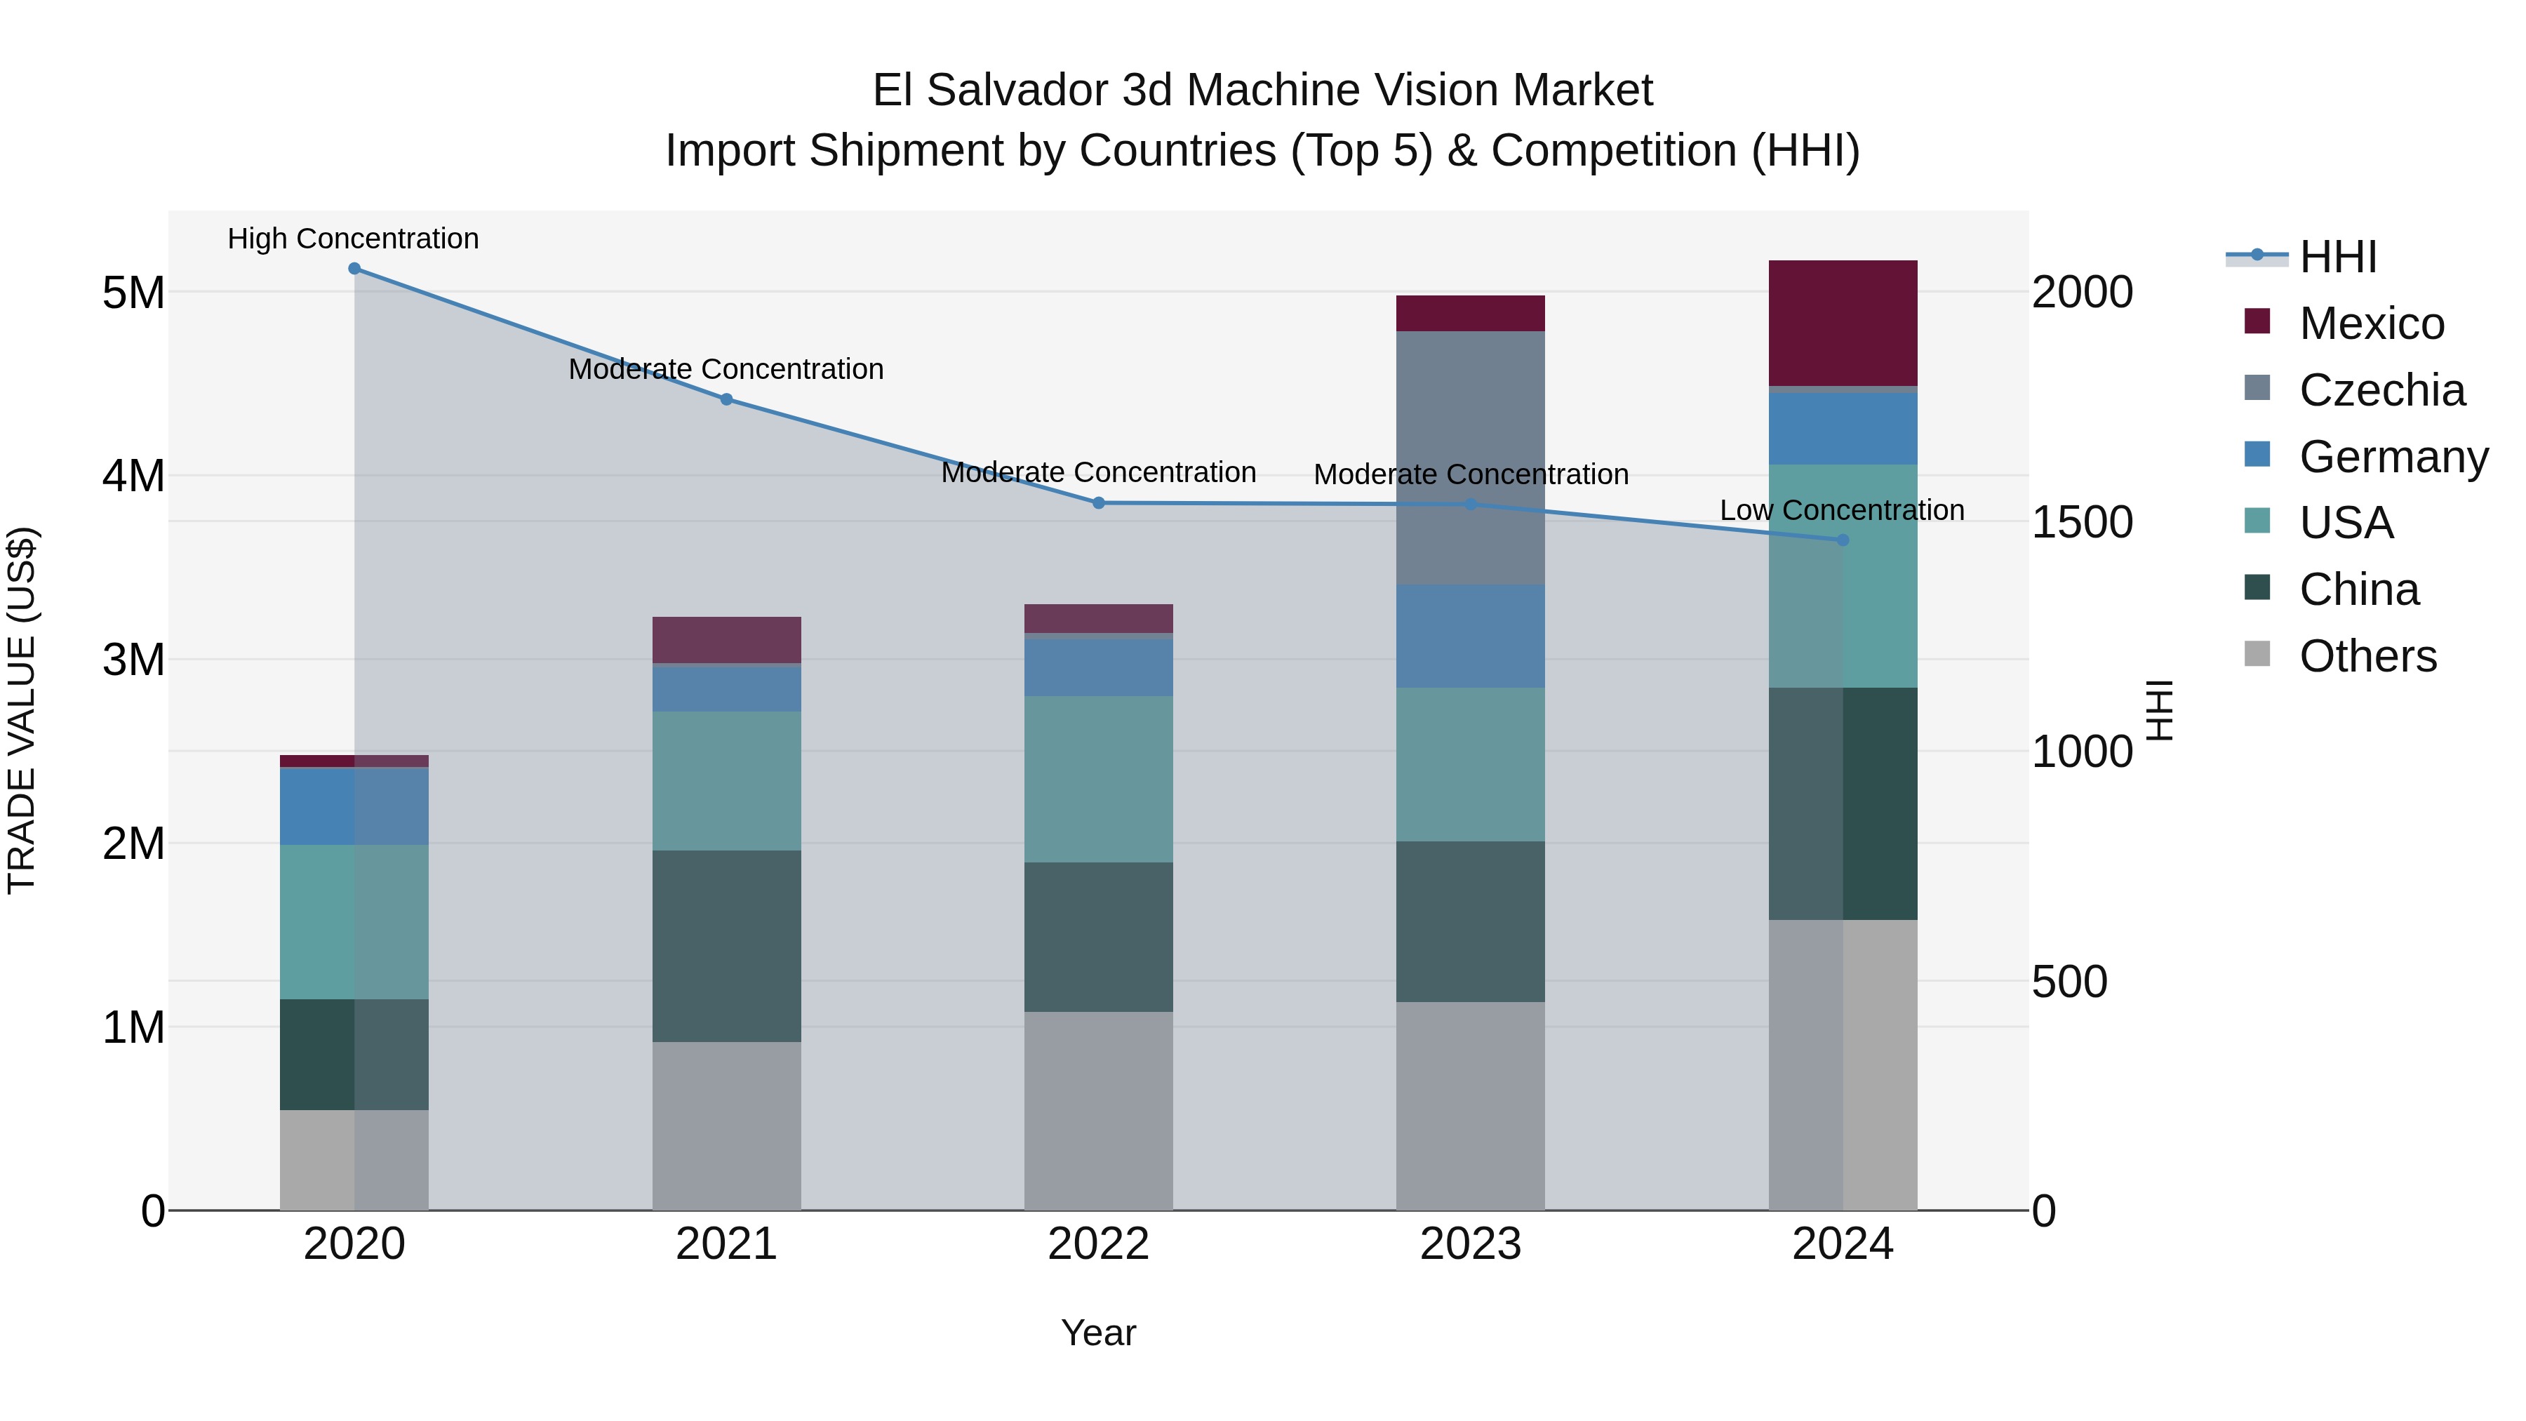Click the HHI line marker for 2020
point(354,269)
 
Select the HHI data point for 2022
point(1098,503)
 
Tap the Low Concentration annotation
point(1842,511)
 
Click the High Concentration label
point(353,239)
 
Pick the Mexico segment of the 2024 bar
point(1843,323)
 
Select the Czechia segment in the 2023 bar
point(1470,458)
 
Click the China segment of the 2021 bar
point(727,947)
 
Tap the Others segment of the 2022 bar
point(1098,1111)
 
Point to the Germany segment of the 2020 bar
point(354,806)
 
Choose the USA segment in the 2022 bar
point(1098,780)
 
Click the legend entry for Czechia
point(2381,390)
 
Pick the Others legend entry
point(2367,656)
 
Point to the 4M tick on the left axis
point(133,476)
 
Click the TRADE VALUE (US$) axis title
point(22,710)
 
